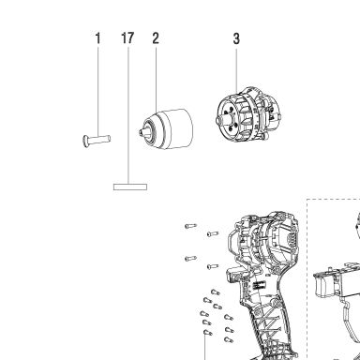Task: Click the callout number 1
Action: tap(98, 38)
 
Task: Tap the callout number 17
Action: tap(127, 38)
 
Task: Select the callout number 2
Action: tap(156, 38)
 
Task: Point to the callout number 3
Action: tap(236, 38)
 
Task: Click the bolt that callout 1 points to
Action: tap(97, 140)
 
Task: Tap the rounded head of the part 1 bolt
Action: tap(85, 141)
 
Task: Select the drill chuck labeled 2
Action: tap(166, 128)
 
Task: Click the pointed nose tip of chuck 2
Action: tap(140, 133)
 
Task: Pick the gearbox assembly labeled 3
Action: tap(249, 114)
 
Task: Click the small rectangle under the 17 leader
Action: tap(130, 187)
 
